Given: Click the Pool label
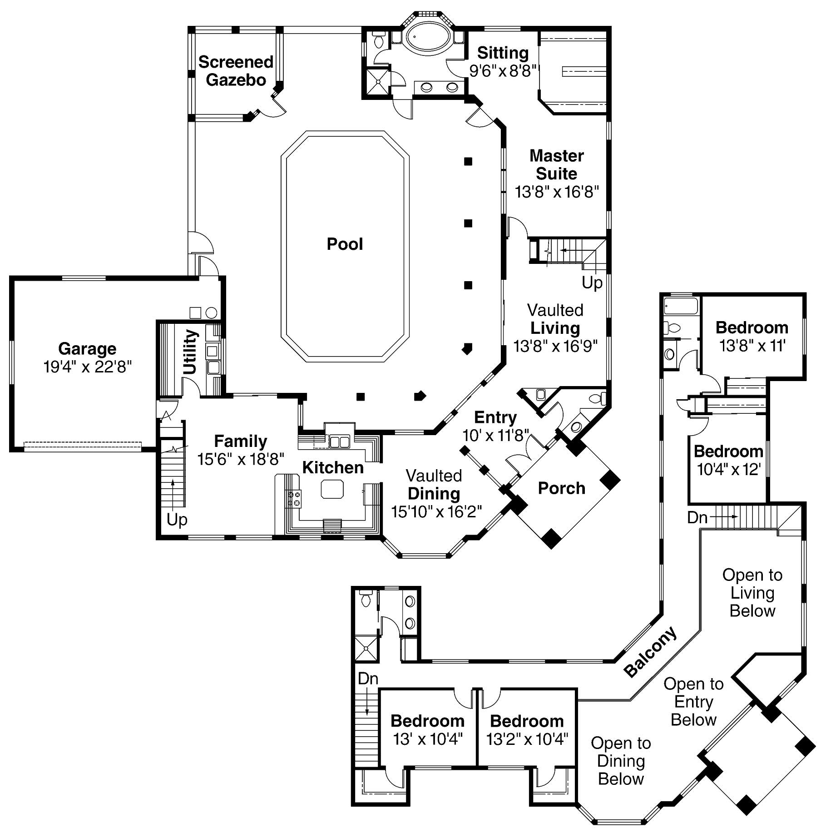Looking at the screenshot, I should tap(345, 244).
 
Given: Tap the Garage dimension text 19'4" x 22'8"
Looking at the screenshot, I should tap(87, 367).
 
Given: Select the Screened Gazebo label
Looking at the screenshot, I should tap(236, 71).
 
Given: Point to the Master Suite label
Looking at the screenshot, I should tap(556, 164).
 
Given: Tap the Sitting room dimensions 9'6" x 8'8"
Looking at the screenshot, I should tap(503, 71).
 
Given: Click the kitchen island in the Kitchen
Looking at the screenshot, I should tap(332, 489).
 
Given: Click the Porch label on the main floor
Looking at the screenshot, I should tap(561, 488).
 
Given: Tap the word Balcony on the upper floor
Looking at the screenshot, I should tap(650, 652).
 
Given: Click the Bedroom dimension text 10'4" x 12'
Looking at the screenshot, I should tap(728, 469).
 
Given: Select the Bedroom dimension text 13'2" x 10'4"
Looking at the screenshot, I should tap(527, 739).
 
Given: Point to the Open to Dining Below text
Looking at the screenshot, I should tap(620, 761).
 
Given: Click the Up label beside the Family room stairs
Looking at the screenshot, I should tap(177, 519).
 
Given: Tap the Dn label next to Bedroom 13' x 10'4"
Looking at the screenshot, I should tap(368, 679).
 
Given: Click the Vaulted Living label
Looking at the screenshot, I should tap(555, 319).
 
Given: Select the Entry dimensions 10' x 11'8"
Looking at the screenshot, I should tap(496, 436).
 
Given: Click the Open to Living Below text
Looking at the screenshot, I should tap(752, 593).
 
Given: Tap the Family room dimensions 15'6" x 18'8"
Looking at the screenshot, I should tap(241, 459).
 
